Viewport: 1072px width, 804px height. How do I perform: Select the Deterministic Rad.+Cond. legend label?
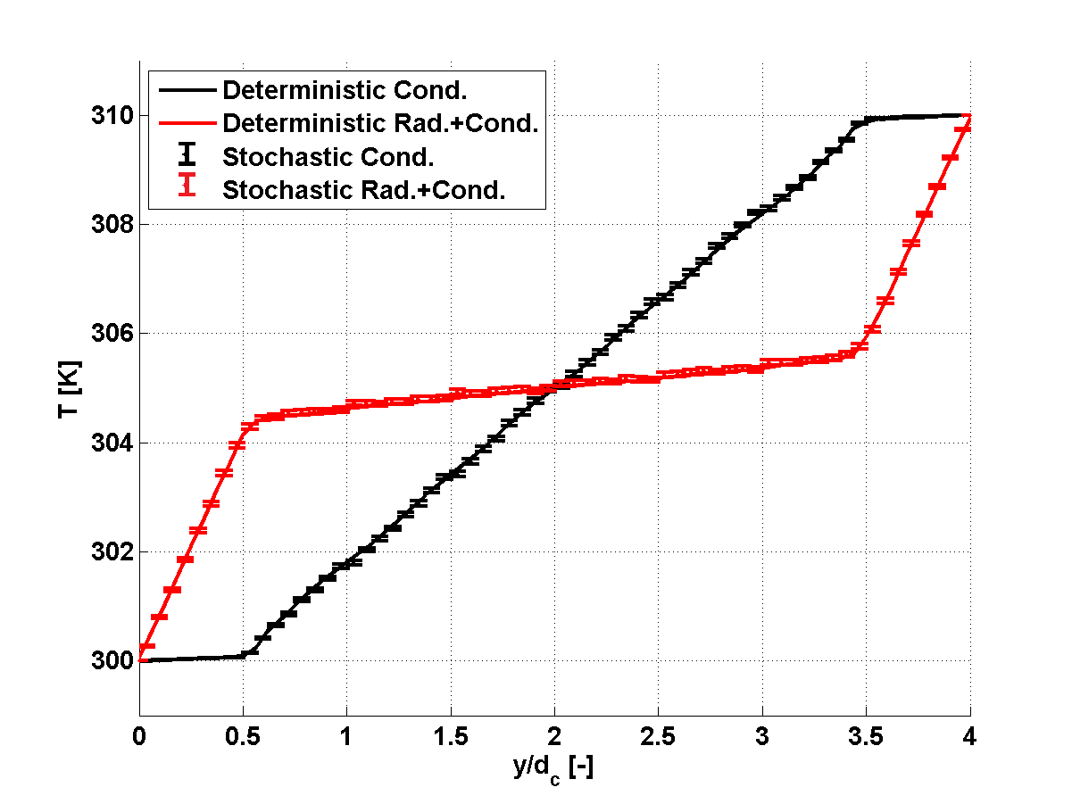click(380, 122)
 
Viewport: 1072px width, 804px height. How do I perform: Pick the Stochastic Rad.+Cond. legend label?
click(363, 189)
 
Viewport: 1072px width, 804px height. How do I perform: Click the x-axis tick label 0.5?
click(243, 738)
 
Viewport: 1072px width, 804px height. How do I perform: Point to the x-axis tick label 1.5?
click(451, 738)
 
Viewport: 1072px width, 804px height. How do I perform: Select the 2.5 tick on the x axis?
click(659, 738)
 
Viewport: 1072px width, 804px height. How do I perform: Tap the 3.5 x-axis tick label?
click(867, 738)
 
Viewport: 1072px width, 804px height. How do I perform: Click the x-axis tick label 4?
click(970, 738)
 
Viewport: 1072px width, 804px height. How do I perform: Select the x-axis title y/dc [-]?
click(554, 768)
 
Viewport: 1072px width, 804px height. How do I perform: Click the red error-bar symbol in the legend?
click(187, 189)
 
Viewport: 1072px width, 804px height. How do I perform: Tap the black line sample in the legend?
click(187, 89)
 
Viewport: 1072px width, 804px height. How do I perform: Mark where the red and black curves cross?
click(554, 386)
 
